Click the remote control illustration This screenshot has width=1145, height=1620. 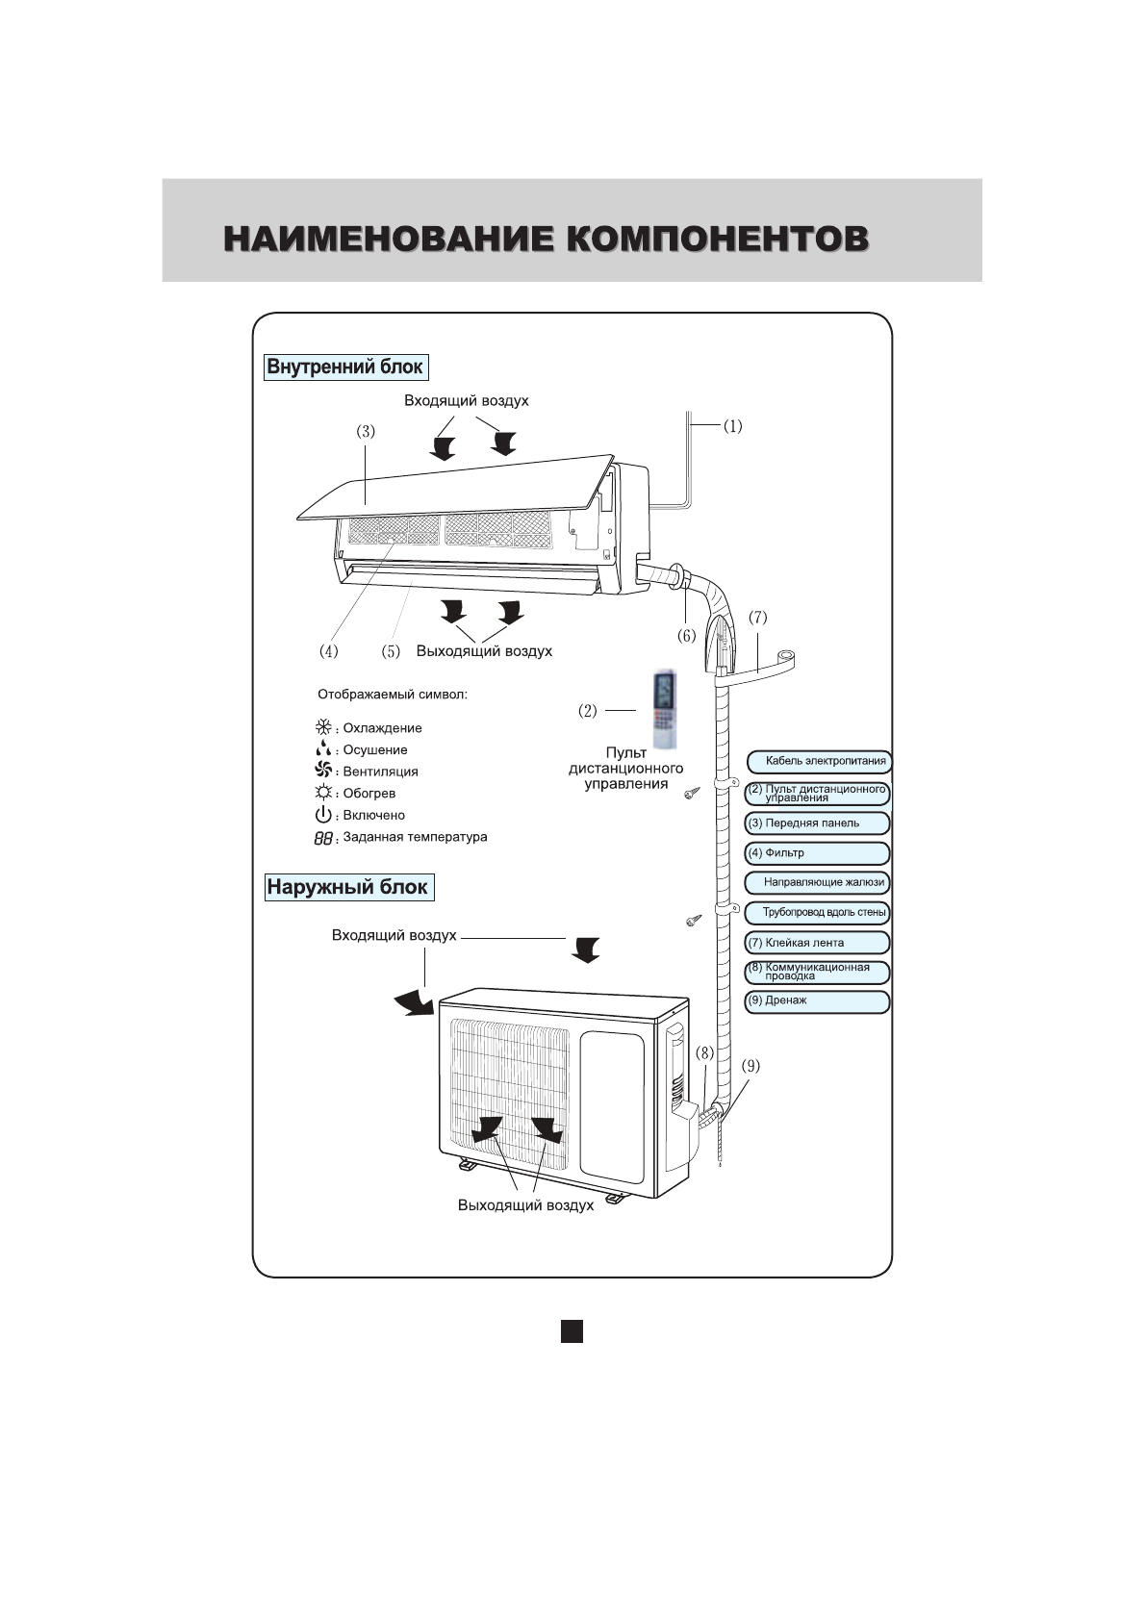pyautogui.click(x=665, y=710)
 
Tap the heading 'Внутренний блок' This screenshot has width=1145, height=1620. pyautogui.click(x=344, y=367)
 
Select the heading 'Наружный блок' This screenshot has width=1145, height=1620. pyautogui.click(x=347, y=887)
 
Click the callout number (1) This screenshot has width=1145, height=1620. pyautogui.click(x=732, y=425)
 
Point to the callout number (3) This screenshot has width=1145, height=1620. pyautogui.click(x=366, y=432)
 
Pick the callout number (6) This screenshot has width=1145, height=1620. pyautogui.click(x=686, y=635)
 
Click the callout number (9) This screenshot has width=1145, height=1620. pyautogui.click(x=751, y=1065)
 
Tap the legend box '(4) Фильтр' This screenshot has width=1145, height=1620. pyautogui.click(x=817, y=853)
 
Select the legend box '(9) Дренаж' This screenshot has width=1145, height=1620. pyautogui.click(x=817, y=1001)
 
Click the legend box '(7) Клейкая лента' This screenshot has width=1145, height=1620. pyautogui.click(x=817, y=943)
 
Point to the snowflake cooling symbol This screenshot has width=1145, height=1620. pyautogui.click(x=323, y=727)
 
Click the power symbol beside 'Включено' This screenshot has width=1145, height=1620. pyautogui.click(x=323, y=815)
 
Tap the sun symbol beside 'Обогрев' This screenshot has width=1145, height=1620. pyautogui.click(x=323, y=793)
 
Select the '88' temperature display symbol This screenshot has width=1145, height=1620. pyautogui.click(x=322, y=838)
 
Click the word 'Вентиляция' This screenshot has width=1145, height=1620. pyautogui.click(x=380, y=772)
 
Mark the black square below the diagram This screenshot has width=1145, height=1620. pyautogui.click(x=572, y=1330)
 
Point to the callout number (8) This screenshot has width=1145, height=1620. pyautogui.click(x=704, y=1053)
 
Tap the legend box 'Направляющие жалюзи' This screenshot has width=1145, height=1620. pyautogui.click(x=817, y=882)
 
